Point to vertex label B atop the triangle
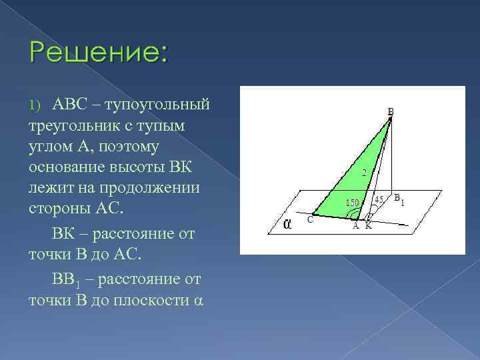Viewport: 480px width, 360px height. click(390, 111)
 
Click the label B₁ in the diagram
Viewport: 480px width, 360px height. click(399, 199)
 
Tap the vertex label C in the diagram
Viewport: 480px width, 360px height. click(310, 219)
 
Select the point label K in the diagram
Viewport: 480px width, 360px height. click(369, 226)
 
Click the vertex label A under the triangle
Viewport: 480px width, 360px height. click(356, 226)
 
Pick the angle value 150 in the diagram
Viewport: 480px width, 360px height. click(352, 202)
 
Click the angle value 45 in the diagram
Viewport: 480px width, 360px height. click(379, 199)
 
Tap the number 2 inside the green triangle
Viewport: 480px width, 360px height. click(363, 173)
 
